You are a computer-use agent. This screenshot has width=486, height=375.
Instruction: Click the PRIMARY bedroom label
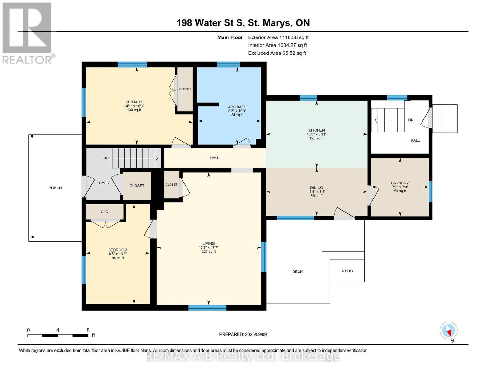click(134, 102)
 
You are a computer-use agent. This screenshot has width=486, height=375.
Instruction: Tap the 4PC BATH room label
click(237, 107)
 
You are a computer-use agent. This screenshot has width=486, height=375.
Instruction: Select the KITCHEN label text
click(316, 130)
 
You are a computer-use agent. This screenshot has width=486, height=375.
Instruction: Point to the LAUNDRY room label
click(400, 183)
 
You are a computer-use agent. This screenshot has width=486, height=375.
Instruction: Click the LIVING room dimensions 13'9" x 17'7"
click(208, 247)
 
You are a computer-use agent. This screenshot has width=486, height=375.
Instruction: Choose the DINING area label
click(316, 188)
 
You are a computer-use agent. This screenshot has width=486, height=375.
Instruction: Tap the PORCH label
click(55, 188)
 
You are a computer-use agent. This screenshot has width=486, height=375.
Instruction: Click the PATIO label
click(347, 271)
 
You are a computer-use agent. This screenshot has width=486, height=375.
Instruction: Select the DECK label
click(297, 272)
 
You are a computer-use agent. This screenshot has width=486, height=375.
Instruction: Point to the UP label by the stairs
click(106, 158)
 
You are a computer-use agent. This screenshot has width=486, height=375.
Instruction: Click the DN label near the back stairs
click(411, 120)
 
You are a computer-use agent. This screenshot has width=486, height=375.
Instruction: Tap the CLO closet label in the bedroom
click(105, 212)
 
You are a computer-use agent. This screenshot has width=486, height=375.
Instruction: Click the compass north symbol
click(448, 331)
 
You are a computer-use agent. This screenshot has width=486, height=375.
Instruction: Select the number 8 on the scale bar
click(88, 330)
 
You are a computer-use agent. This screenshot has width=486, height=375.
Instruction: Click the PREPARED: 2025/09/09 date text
click(243, 334)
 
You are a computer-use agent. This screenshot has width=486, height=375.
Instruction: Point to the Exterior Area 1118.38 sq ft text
click(278, 37)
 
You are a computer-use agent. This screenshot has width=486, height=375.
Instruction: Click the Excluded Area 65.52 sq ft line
click(277, 53)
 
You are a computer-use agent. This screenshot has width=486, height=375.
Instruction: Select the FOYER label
click(103, 183)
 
